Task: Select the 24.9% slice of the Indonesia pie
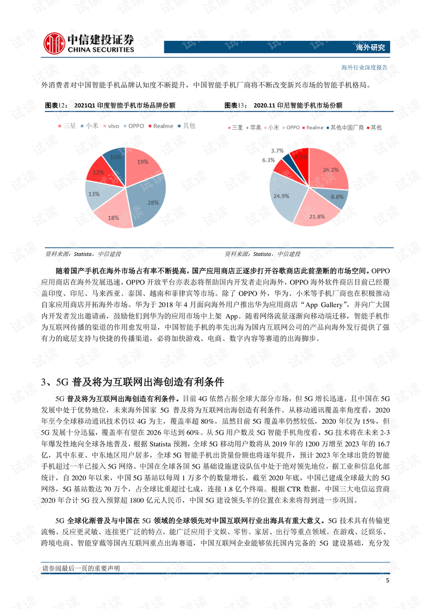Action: [x=283, y=197]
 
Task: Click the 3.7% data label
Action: [x=277, y=151]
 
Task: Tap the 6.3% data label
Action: [x=268, y=160]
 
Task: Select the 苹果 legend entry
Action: [x=254, y=128]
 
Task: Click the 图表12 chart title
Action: [x=110, y=105]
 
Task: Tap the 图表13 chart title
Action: [x=283, y=105]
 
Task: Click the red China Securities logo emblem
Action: [x=54, y=44]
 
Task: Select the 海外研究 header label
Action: [x=370, y=48]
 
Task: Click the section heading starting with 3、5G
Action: [x=132, y=382]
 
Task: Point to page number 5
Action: [x=387, y=580]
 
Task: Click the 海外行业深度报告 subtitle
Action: [x=364, y=68]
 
